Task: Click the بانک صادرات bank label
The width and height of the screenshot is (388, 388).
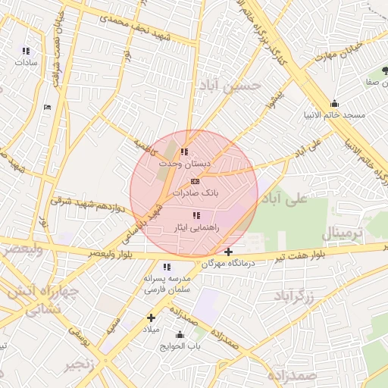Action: (x=195, y=193)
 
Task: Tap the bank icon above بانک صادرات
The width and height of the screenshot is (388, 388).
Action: (x=195, y=181)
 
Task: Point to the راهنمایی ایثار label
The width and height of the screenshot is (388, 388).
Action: (x=196, y=227)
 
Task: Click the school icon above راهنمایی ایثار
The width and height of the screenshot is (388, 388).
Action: (x=197, y=216)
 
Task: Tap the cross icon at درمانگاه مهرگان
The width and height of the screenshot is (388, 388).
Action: (x=229, y=252)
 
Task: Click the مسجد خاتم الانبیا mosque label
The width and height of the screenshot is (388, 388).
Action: (x=334, y=115)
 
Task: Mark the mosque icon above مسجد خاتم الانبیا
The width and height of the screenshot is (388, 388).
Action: (x=334, y=104)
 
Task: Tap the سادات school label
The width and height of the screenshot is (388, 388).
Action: (x=27, y=63)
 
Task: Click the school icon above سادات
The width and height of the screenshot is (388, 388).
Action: (x=27, y=51)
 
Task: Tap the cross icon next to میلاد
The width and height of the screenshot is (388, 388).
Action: (x=151, y=318)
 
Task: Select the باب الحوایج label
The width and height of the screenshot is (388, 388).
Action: (x=180, y=346)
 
